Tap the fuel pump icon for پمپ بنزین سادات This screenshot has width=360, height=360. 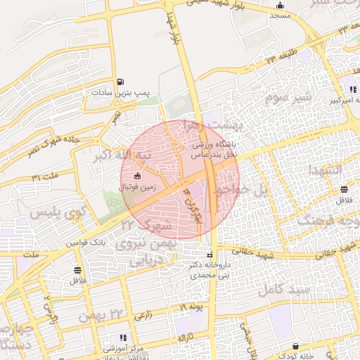121,82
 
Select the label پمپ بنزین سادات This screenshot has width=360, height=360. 121,92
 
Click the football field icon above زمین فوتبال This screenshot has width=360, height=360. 138,176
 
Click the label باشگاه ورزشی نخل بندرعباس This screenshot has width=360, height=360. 214,148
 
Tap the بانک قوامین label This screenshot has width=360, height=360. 85,242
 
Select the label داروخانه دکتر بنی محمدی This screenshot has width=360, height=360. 208,270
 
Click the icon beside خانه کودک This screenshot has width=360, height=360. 295,347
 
